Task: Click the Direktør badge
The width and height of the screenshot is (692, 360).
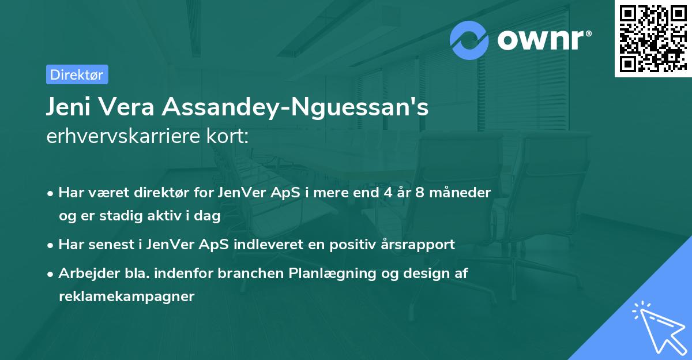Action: [x=77, y=74]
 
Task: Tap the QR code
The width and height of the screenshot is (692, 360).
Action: [x=653, y=39]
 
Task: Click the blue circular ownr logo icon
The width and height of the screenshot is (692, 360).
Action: [x=469, y=40]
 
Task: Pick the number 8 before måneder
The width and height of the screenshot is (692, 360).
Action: [x=422, y=193]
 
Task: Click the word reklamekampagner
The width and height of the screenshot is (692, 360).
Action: [x=126, y=297]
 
